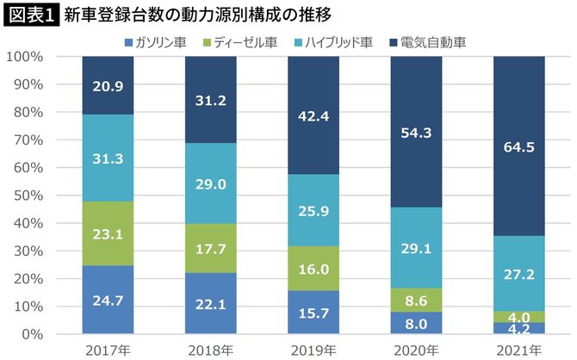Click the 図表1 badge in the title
click(30, 15)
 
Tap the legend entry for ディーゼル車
click(241, 41)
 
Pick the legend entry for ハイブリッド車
click(331, 41)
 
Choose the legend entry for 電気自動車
click(426, 41)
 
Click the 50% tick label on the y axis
click(28, 196)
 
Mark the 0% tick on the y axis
click(32, 334)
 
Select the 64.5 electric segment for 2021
click(518, 146)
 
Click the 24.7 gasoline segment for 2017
click(109, 300)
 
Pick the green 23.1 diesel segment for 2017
click(109, 233)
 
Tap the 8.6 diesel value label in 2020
click(416, 301)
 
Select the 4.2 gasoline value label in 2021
click(518, 328)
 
